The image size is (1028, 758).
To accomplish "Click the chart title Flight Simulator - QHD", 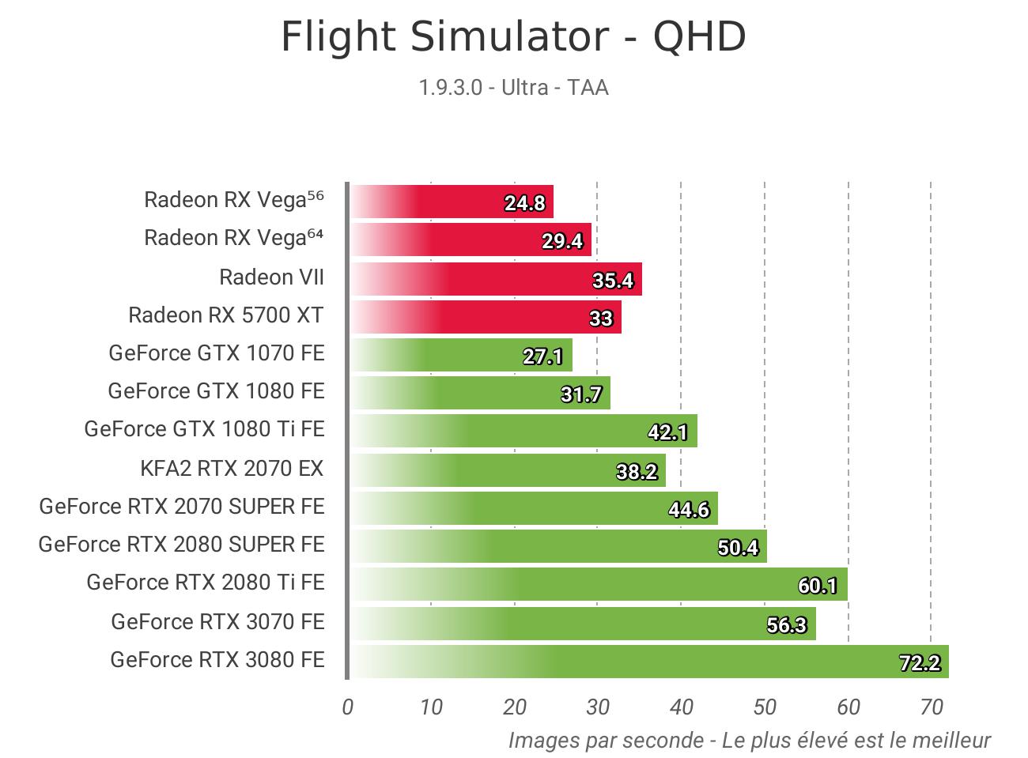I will coord(513,37).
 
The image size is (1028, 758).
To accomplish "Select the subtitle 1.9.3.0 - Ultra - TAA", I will coord(513,87).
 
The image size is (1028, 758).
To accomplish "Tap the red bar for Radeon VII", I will coord(495,279).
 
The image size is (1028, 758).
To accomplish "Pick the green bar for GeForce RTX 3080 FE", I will coord(648,662).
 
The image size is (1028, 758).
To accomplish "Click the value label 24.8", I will coord(525,203).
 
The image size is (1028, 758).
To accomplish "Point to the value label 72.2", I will coord(920,662).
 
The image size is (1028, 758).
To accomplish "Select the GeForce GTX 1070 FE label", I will coord(217,353).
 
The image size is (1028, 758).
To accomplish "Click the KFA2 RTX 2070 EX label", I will coord(232,469).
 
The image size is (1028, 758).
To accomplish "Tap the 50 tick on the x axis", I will coord(765,707).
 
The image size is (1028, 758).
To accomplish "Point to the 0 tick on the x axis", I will coord(347,707).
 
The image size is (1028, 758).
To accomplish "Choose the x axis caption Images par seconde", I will coord(748,741).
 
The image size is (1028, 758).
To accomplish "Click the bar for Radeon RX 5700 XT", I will coord(485,317).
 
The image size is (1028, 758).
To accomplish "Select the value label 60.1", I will coord(818,586).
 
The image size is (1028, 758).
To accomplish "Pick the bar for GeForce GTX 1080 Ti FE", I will coord(523,431).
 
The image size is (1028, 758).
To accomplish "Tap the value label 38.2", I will coord(637,472).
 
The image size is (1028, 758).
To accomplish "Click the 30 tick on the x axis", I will coord(598,707).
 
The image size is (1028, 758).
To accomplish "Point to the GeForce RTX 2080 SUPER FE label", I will coord(182,545).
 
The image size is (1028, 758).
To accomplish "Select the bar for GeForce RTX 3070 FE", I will coord(582,623).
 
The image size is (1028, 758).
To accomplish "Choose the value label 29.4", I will coord(562,241).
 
